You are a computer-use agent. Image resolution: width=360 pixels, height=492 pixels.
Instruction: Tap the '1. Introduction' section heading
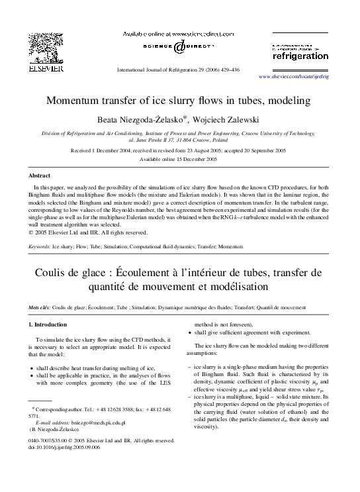pyautogui.click(x=48, y=325)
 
